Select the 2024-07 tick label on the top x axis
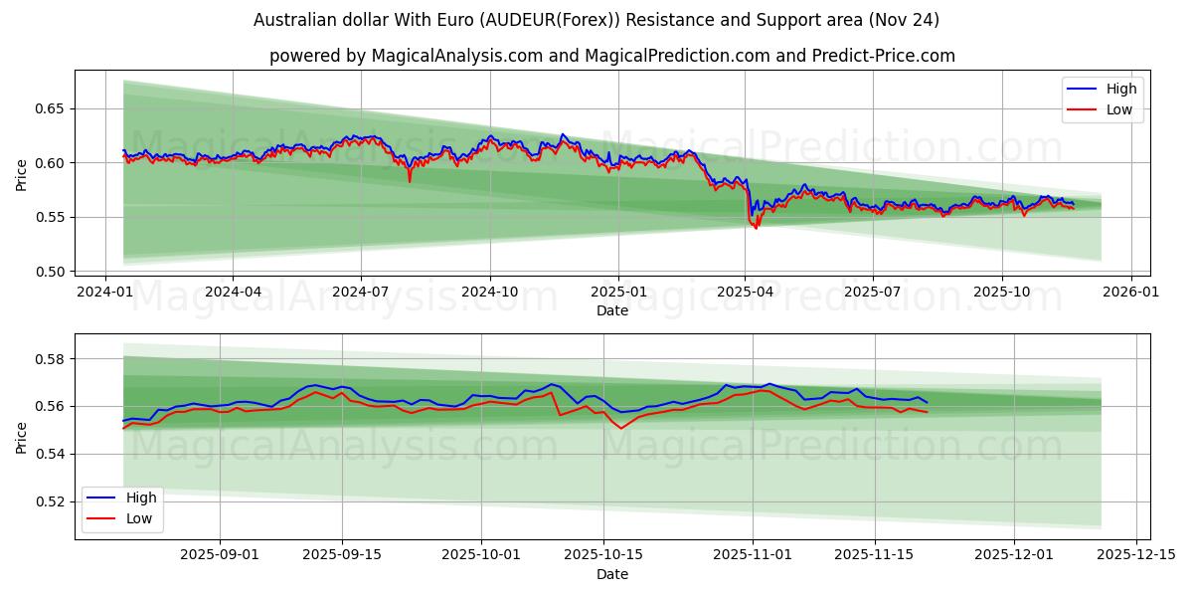click(x=360, y=293)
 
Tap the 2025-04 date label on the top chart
click(x=745, y=293)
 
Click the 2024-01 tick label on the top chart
click(x=105, y=293)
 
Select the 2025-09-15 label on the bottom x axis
click(x=342, y=555)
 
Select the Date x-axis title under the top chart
click(x=611, y=310)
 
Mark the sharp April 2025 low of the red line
click(x=756, y=228)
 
